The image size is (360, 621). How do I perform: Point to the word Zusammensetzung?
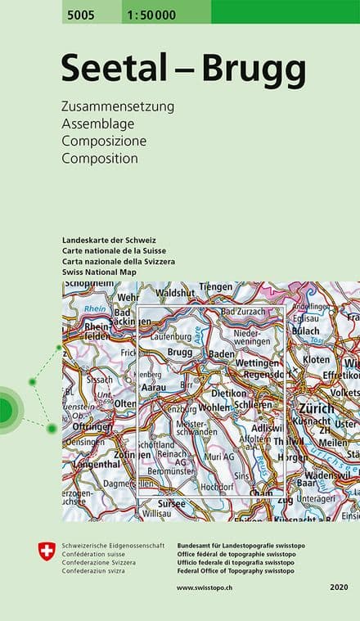[x=118, y=107]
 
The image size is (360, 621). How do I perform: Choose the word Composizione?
[x=103, y=141]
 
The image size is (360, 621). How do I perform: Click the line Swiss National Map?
[x=99, y=271]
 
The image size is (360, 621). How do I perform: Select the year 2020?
[x=339, y=587]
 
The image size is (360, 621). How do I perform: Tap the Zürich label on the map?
[x=317, y=407]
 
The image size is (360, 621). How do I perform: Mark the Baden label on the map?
[x=222, y=353]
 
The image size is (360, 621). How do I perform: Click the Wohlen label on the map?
[x=214, y=407]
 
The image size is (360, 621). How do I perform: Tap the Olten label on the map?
[x=125, y=403]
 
